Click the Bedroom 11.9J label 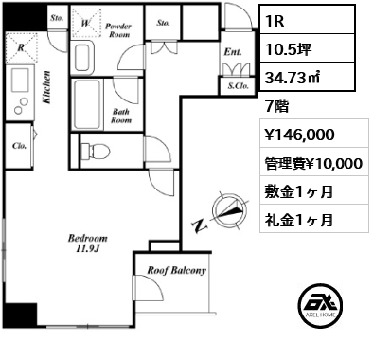pos(88,243)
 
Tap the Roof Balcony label pos(177,270)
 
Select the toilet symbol pos(95,151)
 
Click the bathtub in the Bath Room pos(87,103)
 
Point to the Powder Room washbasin pos(82,59)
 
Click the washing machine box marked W pos(86,23)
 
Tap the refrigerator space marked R pos(22,47)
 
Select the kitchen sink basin pos(20,80)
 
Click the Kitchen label pos(46,87)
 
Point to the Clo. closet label pos(19,146)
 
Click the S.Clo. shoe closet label pos(239,85)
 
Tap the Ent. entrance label pos(233,52)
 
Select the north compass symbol pos(228,209)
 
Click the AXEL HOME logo pos(320,304)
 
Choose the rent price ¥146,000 pos(299,135)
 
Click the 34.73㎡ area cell pos(307,77)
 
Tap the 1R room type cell pos(307,21)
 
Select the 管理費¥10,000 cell pos(314,162)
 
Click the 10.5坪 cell pos(307,48)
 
